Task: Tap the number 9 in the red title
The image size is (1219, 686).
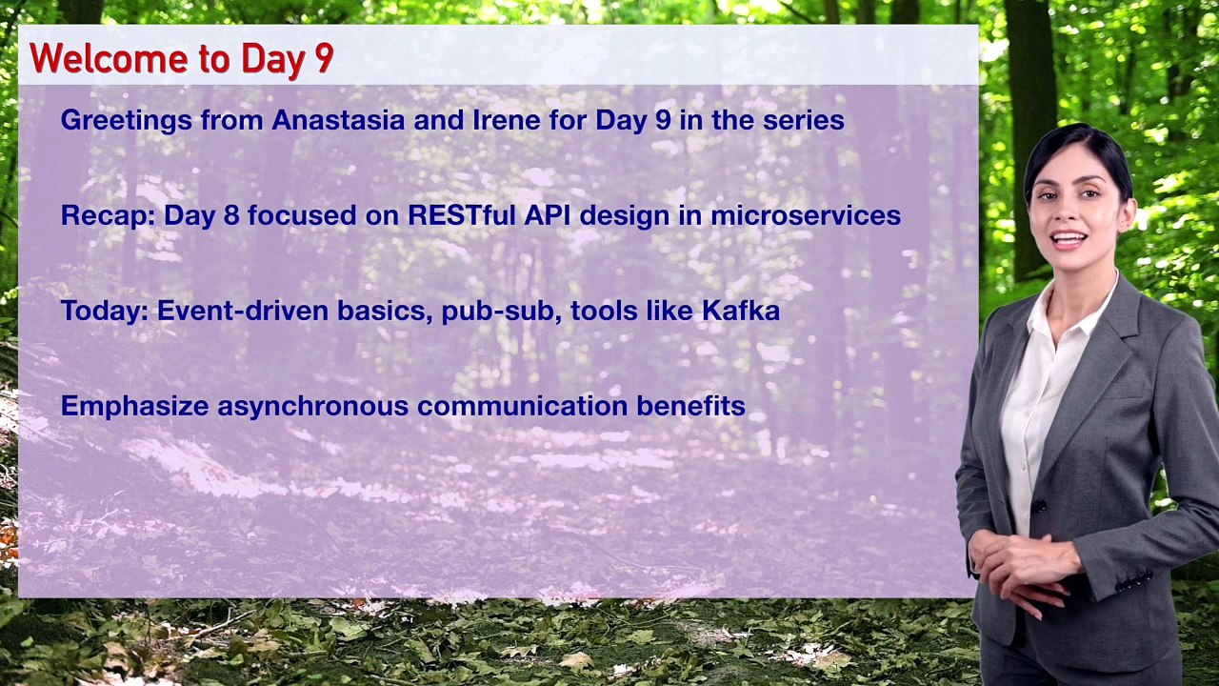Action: tap(325, 59)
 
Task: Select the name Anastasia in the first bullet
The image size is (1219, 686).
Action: tap(338, 120)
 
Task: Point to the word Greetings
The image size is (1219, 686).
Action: tap(127, 121)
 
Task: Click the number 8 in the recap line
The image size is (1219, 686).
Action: tap(231, 215)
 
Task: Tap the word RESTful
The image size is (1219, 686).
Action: tap(462, 215)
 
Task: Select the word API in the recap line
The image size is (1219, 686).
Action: tap(548, 215)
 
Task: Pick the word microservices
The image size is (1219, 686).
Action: tap(806, 215)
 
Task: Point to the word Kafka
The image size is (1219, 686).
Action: tap(741, 311)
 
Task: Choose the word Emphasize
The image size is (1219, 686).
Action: tap(135, 407)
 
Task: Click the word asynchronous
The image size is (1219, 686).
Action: tap(313, 407)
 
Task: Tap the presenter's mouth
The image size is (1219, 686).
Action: tap(1069, 239)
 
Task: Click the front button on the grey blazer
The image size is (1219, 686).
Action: tap(1038, 506)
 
